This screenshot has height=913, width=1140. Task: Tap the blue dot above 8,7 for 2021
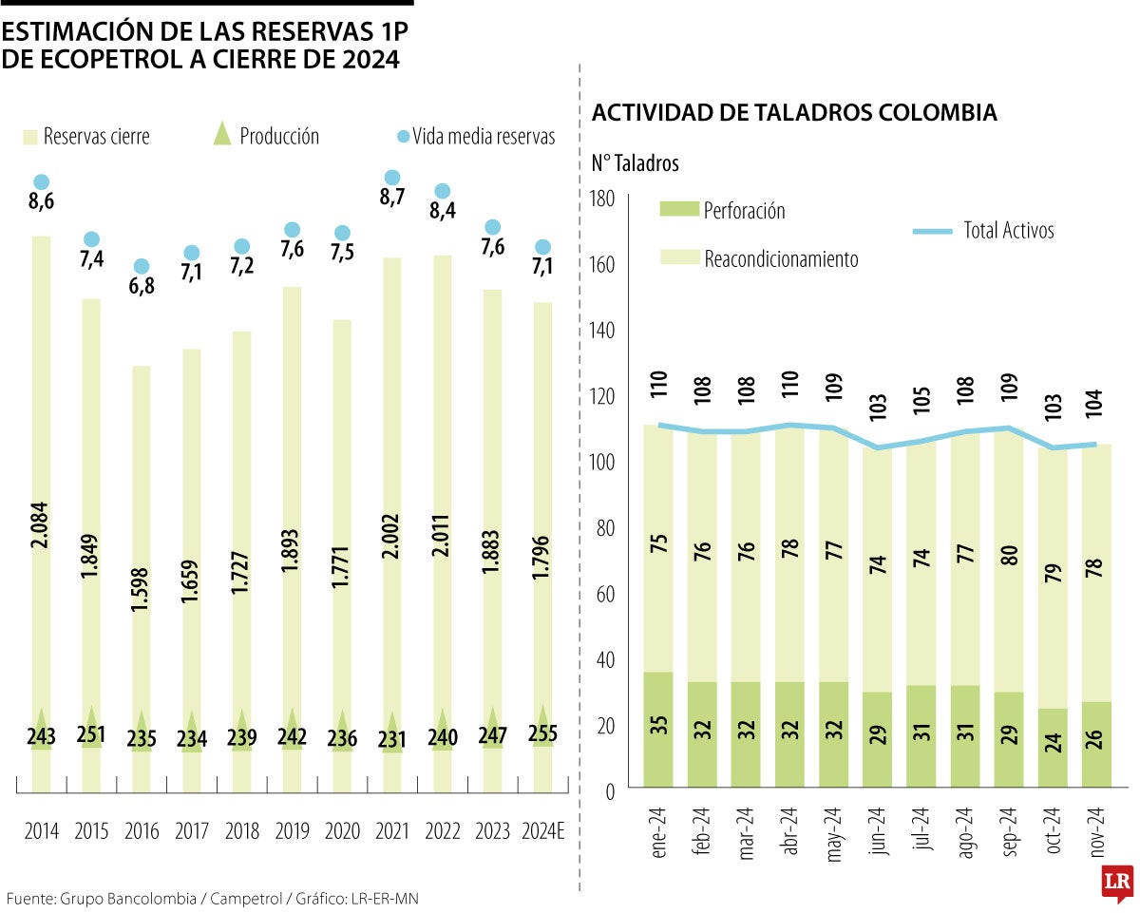pyautogui.click(x=391, y=178)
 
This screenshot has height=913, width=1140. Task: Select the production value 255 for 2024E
pyautogui.click(x=542, y=735)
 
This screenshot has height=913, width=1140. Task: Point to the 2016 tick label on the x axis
pyautogui.click(x=142, y=831)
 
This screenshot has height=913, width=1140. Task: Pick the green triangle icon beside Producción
pyautogui.click(x=222, y=134)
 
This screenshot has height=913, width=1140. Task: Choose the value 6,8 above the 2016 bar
pyautogui.click(x=142, y=286)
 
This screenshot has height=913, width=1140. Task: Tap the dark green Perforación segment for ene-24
pyautogui.click(x=658, y=729)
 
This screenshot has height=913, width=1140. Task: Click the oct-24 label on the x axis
pyautogui.click(x=1052, y=833)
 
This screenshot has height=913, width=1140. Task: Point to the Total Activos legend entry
pyautogui.click(x=983, y=230)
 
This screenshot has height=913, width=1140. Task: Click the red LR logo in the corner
pyautogui.click(x=1116, y=884)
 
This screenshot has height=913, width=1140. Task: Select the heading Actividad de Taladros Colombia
pyautogui.click(x=794, y=113)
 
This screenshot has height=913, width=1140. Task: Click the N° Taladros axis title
pyautogui.click(x=635, y=163)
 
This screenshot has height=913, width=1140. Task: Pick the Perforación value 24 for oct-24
pyautogui.click(x=1053, y=749)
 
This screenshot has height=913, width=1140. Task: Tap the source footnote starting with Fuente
pyautogui.click(x=212, y=898)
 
